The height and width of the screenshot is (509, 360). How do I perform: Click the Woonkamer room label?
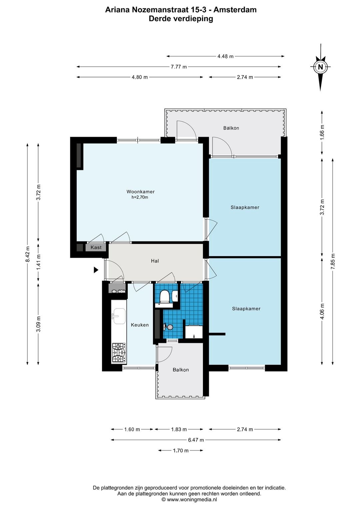click(x=140, y=191)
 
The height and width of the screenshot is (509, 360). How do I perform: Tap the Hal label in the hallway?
click(x=155, y=261)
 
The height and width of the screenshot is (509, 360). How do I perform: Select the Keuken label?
click(x=140, y=325)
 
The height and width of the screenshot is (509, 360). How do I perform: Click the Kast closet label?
click(x=96, y=247)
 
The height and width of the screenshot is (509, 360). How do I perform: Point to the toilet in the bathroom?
click(x=164, y=297)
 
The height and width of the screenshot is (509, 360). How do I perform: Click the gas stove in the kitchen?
click(x=119, y=353)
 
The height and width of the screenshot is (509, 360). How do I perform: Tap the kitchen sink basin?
click(x=119, y=316)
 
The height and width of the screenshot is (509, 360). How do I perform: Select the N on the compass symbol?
click(x=320, y=67)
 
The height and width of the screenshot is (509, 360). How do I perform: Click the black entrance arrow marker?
click(x=96, y=270)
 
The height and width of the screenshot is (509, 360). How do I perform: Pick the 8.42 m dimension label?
click(x=27, y=254)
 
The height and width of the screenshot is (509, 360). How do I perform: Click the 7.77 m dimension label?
click(x=179, y=67)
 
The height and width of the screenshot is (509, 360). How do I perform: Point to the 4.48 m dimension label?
click(x=225, y=56)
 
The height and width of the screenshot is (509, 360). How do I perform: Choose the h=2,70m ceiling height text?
click(x=140, y=197)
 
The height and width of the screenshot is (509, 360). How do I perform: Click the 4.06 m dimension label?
click(x=322, y=311)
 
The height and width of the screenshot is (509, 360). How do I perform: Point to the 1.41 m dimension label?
click(x=38, y=262)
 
